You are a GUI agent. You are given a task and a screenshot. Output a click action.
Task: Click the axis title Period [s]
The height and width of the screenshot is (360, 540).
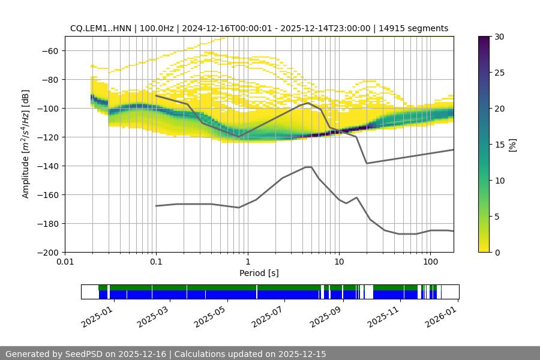(259, 273)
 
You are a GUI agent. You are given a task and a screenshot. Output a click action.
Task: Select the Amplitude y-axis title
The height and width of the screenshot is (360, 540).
(26, 144)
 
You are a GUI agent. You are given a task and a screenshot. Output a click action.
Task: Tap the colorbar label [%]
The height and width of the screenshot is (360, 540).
(512, 144)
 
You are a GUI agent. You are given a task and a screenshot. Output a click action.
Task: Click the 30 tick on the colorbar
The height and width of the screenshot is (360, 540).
(499, 37)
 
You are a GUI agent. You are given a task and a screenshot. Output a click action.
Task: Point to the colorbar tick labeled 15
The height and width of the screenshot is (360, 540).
(499, 144)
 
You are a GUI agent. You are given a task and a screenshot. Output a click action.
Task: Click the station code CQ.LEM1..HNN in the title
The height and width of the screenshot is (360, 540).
(100, 28)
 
